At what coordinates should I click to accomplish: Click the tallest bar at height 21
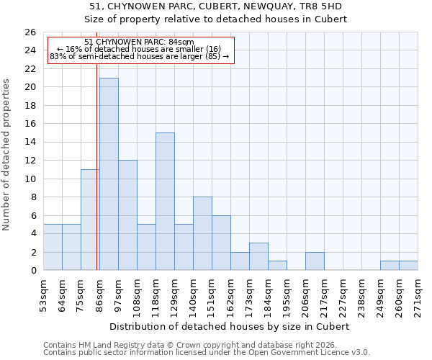coord(109,174)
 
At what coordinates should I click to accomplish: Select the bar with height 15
coord(165,202)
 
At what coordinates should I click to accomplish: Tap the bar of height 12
coord(127,215)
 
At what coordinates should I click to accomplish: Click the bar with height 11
coord(90,220)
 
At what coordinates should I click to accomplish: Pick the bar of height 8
coord(202,233)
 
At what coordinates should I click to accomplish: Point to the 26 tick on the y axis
coord(30,32)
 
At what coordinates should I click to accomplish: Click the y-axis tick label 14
coord(30,143)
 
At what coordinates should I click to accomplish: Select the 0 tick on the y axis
coord(33,271)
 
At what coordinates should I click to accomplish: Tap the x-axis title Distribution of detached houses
coord(230,326)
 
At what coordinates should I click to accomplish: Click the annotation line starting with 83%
coord(139,56)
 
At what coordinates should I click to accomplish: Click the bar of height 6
coord(221,243)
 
